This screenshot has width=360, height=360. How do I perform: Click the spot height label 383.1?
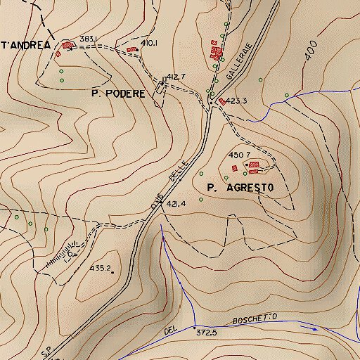coord(88,38)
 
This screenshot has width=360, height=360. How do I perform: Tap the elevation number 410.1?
coord(148,44)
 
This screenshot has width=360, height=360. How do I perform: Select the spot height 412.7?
coord(176,77)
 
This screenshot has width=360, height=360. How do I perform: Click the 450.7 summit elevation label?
coord(240,155)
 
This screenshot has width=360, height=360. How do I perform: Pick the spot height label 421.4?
coord(176,204)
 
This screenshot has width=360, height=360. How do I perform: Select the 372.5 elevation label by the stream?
coord(206,332)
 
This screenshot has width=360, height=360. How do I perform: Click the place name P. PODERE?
coord(118,94)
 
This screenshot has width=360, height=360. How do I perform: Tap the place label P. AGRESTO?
coord(240,188)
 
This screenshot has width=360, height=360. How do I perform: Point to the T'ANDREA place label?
coord(25,45)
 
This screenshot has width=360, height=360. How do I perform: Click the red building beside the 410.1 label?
coord(132,49)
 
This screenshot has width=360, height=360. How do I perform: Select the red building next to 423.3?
coord(222,101)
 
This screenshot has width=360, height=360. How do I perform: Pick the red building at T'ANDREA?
coord(67,45)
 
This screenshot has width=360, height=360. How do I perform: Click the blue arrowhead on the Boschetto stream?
coord(314,327)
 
